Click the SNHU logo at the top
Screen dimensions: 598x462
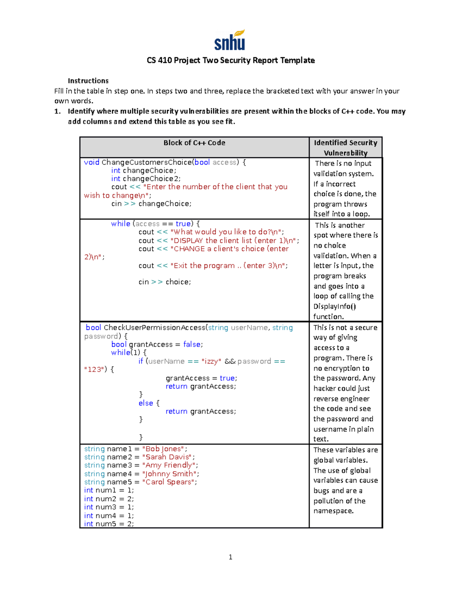(x=230, y=40)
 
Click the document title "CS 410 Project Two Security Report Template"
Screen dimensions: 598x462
(x=231, y=60)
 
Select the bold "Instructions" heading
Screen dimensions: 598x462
(x=88, y=81)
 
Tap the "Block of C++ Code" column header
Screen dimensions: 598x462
(x=194, y=143)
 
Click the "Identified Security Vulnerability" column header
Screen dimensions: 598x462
(x=345, y=147)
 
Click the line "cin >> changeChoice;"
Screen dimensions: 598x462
(x=151, y=204)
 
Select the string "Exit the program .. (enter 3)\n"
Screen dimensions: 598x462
(x=229, y=266)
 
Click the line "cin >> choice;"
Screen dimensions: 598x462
(x=165, y=282)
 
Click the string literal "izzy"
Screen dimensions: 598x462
(x=211, y=361)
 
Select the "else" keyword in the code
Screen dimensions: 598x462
(x=146, y=403)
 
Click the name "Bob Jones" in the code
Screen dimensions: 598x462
(x=164, y=449)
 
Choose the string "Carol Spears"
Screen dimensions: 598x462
(x=168, y=482)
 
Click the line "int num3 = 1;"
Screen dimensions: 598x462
(x=109, y=507)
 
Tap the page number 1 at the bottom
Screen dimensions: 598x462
(x=230, y=557)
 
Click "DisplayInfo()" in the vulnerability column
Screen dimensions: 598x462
(x=335, y=307)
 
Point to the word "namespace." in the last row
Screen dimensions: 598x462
(x=333, y=511)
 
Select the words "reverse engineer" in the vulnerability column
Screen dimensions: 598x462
(x=341, y=399)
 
